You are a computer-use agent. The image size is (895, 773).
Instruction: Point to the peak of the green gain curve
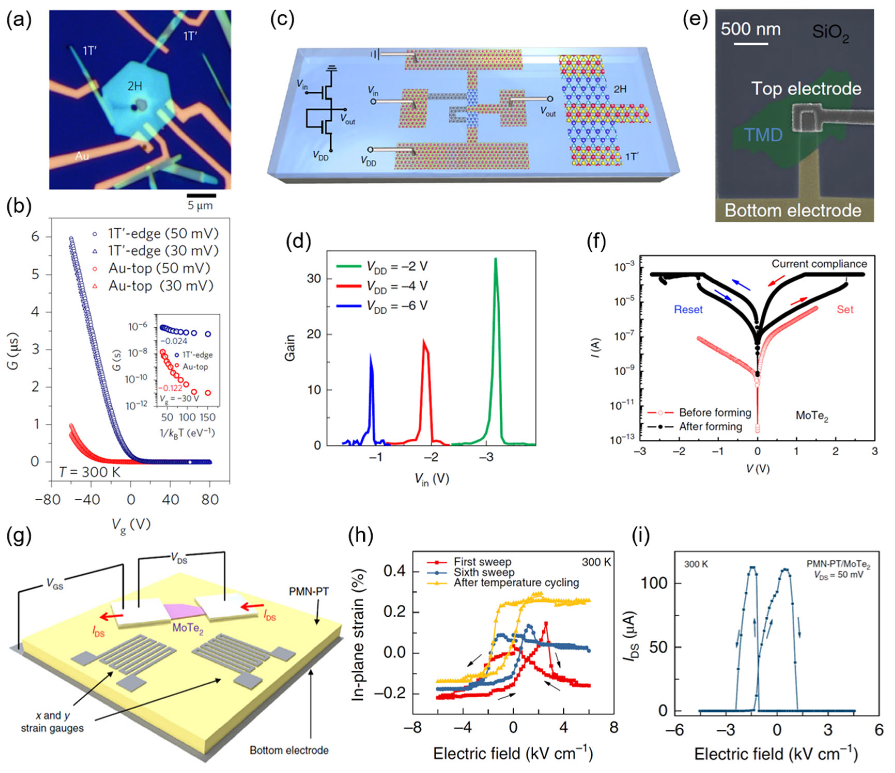pos(495,259)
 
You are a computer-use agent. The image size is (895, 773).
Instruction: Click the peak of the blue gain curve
pos(370,354)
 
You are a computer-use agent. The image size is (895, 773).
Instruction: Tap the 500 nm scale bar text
pos(750,29)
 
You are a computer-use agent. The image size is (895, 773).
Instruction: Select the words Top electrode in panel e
pos(806,89)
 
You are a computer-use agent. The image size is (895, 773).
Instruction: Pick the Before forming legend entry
pos(715,413)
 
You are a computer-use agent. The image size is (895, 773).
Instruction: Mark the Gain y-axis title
pos(289,347)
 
